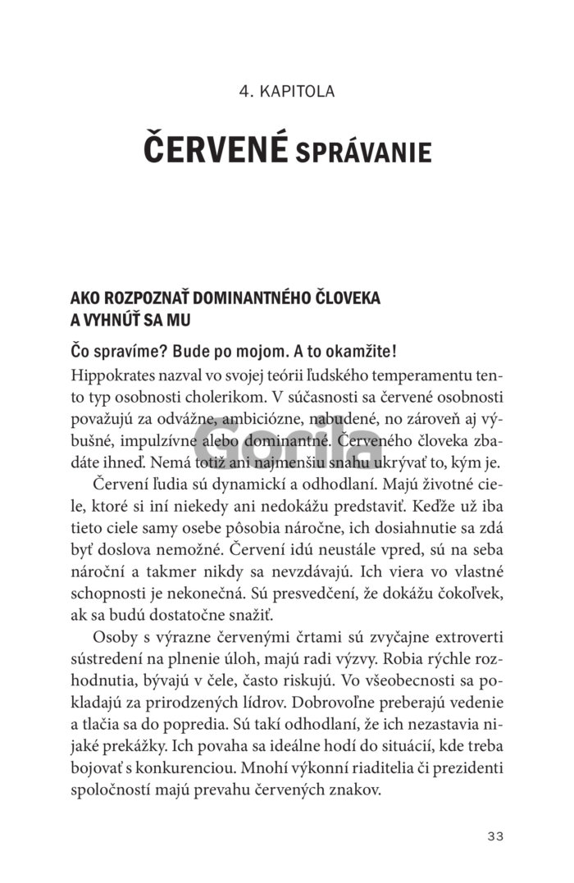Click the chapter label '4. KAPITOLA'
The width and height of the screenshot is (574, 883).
287,91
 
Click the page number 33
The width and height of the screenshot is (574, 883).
494,836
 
